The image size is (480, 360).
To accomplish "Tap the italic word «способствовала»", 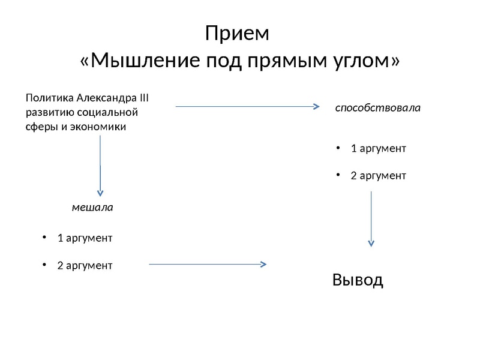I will [x=377, y=109].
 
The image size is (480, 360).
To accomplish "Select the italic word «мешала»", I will [x=92, y=208].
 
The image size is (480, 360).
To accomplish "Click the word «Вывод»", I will [x=358, y=280].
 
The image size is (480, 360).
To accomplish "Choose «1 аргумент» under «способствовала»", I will [x=378, y=148].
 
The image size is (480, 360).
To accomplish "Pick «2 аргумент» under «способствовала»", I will [x=378, y=176].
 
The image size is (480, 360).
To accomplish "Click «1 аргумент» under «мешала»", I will [x=85, y=238].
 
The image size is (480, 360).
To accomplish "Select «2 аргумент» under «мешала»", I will [x=85, y=265].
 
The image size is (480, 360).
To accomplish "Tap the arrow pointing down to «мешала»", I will [x=100, y=165].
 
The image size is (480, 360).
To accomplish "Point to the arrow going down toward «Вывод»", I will [x=371, y=218].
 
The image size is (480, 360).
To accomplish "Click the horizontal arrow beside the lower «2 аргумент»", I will [x=208, y=263].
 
